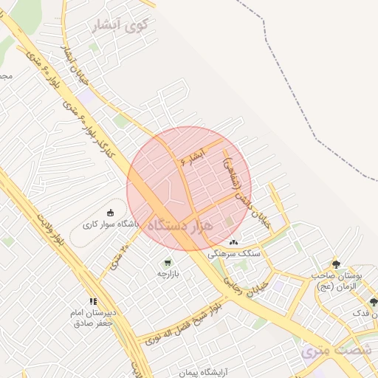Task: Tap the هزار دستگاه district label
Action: [181, 225]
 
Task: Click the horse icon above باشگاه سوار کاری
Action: [111, 213]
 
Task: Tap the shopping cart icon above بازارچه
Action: [168, 262]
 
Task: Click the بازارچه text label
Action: [168, 273]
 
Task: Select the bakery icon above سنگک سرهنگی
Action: [234, 241]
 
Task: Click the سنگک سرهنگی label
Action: [235, 252]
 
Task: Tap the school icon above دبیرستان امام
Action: [93, 300]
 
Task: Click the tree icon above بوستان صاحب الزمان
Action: [336, 264]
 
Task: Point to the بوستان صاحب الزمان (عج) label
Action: [337, 281]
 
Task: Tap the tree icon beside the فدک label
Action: [373, 302]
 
